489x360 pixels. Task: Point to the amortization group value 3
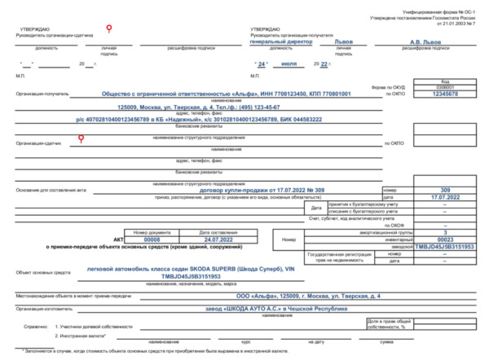tap(445, 232)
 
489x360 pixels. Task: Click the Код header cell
tap(444, 81)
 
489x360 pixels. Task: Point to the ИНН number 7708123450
tap(275, 94)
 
